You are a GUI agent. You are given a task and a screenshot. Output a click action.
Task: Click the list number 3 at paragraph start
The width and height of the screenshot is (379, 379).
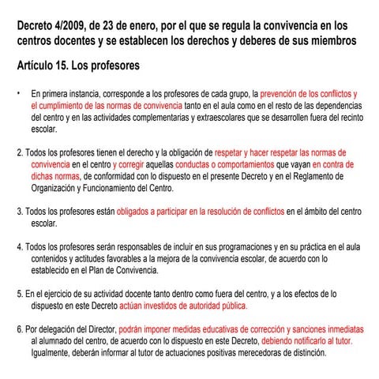[19, 212]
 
